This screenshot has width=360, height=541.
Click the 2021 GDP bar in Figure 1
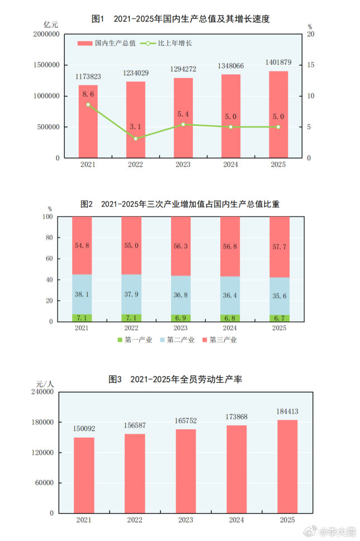click(88, 121)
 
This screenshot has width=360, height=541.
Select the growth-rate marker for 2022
click(135, 138)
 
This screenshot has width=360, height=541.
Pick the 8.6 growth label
click(88, 94)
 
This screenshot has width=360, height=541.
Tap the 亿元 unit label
click(51, 25)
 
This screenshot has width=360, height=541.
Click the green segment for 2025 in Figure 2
click(280, 318)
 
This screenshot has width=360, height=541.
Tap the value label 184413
click(287, 412)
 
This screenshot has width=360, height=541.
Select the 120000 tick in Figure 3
click(42, 453)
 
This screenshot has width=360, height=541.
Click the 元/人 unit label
click(45, 384)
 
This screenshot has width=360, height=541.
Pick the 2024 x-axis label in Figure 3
click(236, 520)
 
